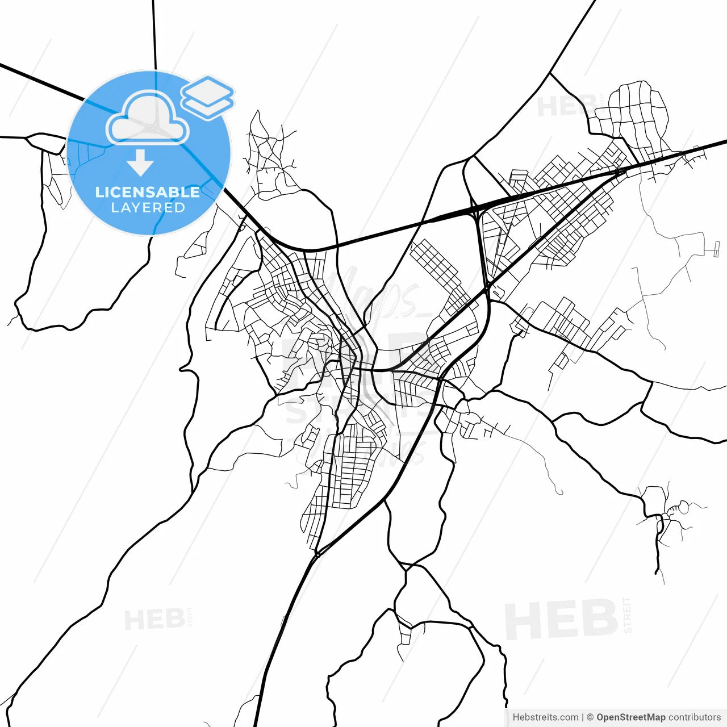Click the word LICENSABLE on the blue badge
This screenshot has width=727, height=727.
point(148,192)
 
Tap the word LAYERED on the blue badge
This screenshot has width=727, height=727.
point(148,208)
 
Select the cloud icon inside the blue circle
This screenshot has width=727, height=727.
point(148,118)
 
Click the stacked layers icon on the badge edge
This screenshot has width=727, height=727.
point(207,97)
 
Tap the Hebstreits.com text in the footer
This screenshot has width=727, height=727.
point(545,717)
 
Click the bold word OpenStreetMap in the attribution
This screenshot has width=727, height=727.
point(630,717)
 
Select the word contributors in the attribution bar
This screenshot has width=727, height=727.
point(694,717)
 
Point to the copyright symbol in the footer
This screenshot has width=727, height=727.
point(590,717)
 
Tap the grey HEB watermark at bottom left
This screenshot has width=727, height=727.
point(154,620)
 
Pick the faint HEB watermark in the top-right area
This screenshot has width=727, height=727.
point(565,106)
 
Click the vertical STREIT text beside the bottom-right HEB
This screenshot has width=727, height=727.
point(627,615)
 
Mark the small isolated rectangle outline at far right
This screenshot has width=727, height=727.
point(716,248)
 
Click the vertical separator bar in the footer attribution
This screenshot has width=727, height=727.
point(583,717)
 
